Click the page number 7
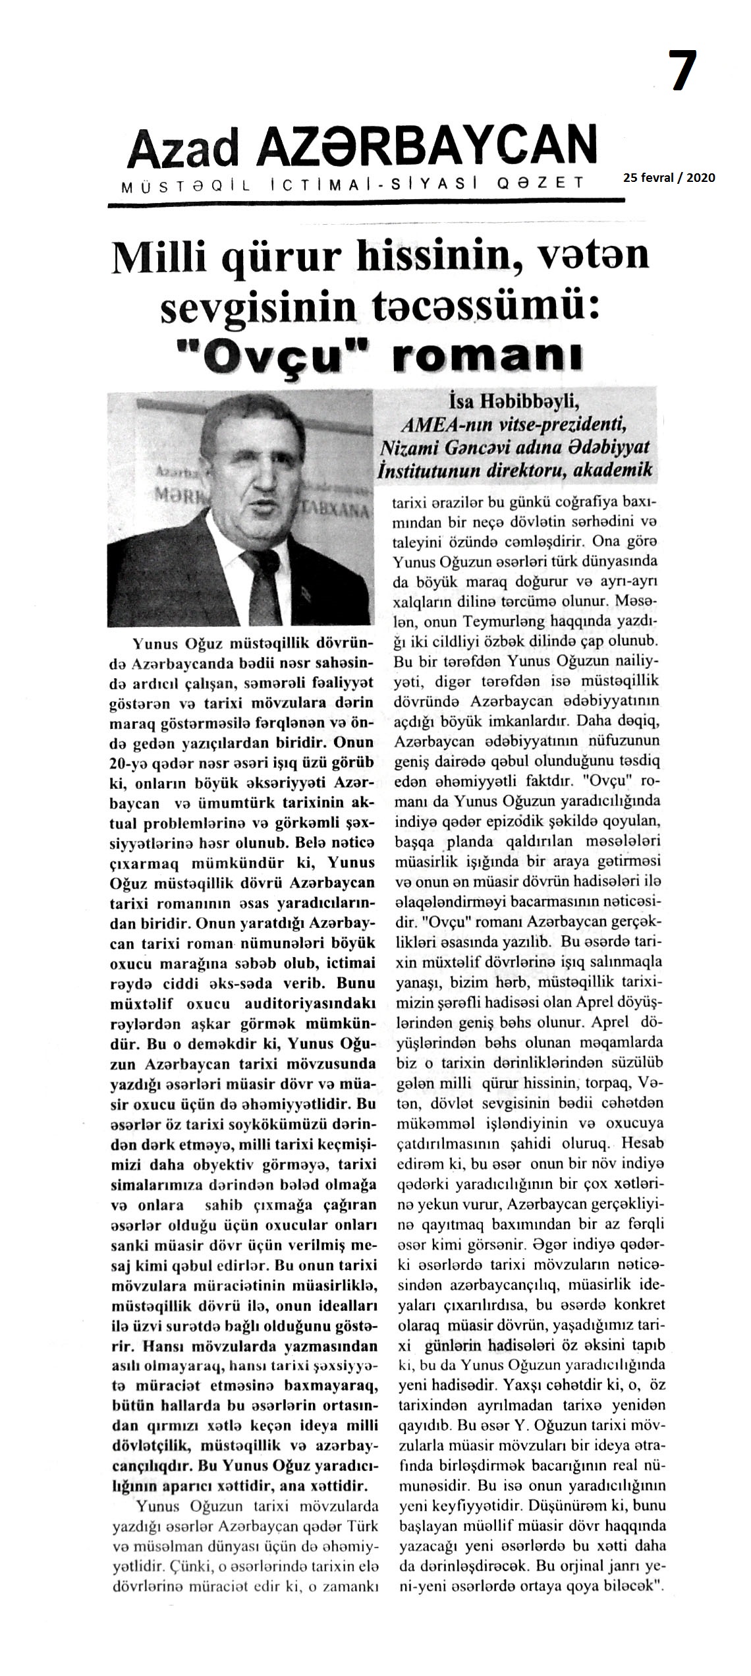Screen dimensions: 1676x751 pyautogui.click(x=683, y=71)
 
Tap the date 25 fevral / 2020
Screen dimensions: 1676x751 pyautogui.click(x=669, y=177)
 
